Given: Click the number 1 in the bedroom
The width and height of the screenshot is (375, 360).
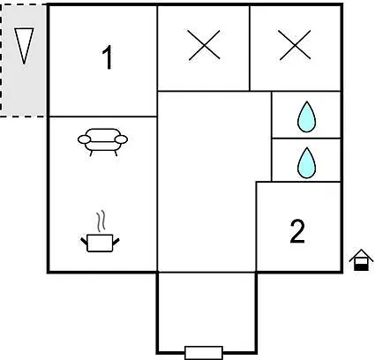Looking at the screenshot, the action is point(108,57).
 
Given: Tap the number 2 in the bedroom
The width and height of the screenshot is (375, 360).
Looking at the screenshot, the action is point(297,232).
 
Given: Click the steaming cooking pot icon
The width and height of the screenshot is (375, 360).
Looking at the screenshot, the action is point(100,231).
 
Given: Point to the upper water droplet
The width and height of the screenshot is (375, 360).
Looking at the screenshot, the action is point(306,116).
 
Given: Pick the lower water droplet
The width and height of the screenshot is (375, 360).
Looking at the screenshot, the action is point(306,162).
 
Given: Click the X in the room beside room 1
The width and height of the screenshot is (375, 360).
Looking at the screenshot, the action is point(205,45).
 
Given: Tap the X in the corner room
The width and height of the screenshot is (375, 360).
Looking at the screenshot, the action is point(295,45).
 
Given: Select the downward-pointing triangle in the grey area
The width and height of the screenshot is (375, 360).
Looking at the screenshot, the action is point(24,46).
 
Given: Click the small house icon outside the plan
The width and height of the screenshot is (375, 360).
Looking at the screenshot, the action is point(361,259).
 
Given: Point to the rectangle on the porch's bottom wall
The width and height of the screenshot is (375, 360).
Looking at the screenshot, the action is point(204,353).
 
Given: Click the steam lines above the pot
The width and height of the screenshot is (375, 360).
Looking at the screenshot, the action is point(101,221).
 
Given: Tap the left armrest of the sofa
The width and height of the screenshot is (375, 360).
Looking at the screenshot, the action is point(84,139).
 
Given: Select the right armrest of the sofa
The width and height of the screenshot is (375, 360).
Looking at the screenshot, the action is point(121,139).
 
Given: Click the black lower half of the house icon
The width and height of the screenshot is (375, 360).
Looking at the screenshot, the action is point(361,267).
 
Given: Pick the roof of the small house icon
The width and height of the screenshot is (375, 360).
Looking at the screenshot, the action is point(361,255).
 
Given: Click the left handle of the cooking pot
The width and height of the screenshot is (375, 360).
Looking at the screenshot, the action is point(84,242).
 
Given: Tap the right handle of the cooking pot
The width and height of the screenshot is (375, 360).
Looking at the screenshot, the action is point(116,242).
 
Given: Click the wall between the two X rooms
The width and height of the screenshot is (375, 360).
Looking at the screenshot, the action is point(250,49).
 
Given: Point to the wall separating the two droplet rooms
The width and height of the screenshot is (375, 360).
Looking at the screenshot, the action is point(306,138).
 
